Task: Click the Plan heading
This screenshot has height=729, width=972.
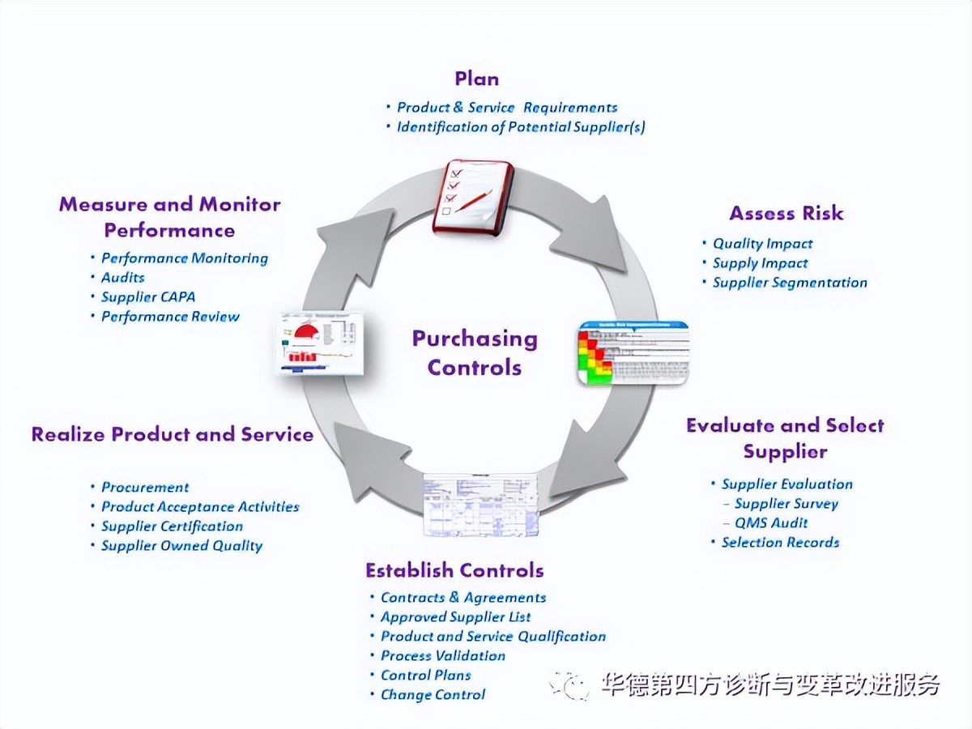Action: point(476,79)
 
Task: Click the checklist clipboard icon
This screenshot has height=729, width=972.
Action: point(473,197)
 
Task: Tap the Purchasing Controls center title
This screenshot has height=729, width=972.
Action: point(475,353)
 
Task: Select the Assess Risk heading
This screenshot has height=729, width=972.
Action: point(786,213)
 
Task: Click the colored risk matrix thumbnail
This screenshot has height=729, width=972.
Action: point(633,353)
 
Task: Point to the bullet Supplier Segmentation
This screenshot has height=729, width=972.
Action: point(789,283)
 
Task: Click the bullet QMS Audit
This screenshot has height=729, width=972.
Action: point(771,523)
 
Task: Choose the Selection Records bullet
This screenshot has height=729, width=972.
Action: point(780,543)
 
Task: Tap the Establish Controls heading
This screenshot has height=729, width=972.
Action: point(454,570)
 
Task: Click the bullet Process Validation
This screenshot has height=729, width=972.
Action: point(443,656)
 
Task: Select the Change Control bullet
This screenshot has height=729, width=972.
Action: point(433,695)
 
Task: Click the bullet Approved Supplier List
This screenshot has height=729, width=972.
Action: point(456,617)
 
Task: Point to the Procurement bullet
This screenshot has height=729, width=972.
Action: point(145,488)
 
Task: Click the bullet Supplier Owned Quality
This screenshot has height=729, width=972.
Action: point(181,546)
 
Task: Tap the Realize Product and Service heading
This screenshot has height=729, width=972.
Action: point(173,434)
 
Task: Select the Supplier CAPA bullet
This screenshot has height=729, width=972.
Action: point(148,297)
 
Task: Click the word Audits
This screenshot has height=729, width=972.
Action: point(123,278)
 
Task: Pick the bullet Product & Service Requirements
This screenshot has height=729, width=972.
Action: point(507,108)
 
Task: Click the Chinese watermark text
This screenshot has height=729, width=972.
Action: point(769,684)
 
